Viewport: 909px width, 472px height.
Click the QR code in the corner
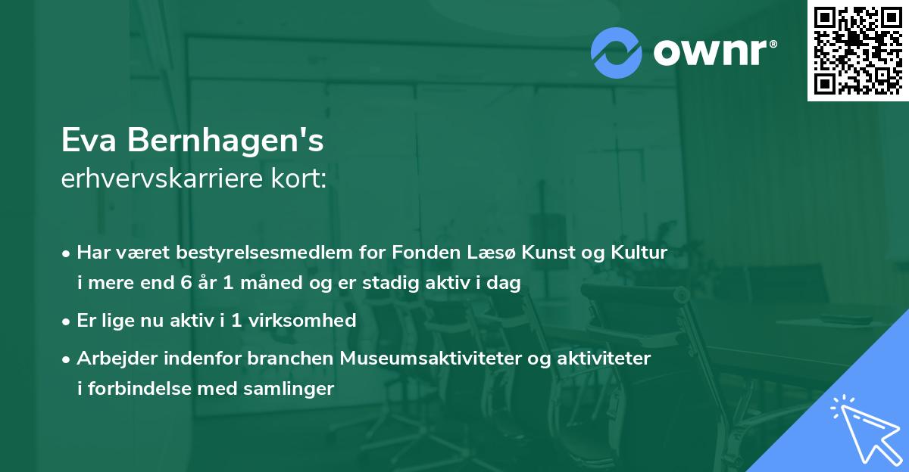pos(857,51)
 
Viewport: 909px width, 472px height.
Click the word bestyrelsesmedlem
pos(242,253)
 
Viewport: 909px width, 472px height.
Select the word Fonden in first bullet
pos(418,253)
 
